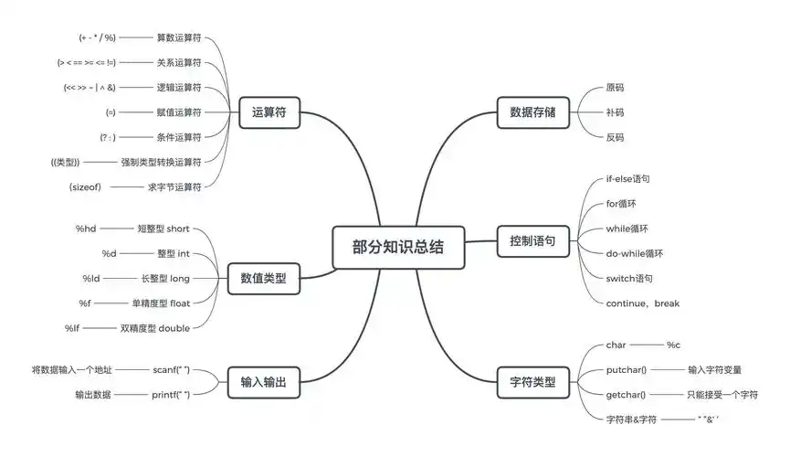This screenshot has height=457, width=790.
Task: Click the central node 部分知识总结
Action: pos(398,246)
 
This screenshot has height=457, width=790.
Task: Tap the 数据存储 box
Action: pos(532,112)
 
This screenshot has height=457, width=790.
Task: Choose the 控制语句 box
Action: pos(532,243)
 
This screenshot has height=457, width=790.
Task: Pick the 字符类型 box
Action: pos(532,381)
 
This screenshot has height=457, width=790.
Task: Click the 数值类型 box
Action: pos(263,278)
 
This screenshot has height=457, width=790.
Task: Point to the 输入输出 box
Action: pos(263,381)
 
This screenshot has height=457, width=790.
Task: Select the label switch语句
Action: pos(629,278)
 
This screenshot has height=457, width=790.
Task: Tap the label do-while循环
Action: pos(635,253)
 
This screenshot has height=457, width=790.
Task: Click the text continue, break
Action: pos(643,303)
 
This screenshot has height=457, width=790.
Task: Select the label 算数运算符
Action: pos(179,37)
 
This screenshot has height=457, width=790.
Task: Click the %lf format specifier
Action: pos(73,327)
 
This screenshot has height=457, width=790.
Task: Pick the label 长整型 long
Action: pos(165,278)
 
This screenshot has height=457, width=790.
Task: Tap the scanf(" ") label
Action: pos(172,370)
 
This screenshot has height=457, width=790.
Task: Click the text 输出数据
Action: pos(93,395)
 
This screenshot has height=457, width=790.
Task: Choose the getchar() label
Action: pos(626,395)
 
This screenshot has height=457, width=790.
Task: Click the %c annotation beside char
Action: pos(674,345)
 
